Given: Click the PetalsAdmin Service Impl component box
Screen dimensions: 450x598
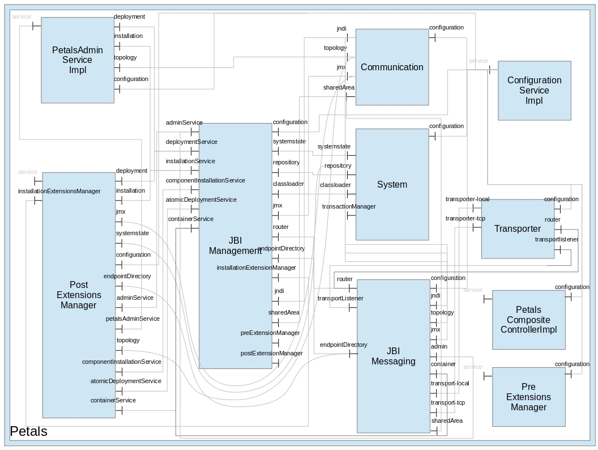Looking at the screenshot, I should (78, 60).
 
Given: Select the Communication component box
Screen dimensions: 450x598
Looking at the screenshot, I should (392, 67).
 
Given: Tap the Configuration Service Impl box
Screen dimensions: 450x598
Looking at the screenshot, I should (534, 90).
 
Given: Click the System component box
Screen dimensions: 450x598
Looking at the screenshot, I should (392, 184).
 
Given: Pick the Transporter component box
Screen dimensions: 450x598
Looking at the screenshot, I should (517, 228).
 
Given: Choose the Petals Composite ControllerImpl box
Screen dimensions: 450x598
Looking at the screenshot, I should (528, 320).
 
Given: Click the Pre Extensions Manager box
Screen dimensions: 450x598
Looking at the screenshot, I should (528, 397).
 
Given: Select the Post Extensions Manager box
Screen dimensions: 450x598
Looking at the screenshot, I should (79, 295).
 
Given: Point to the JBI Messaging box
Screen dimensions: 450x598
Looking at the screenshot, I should (393, 356).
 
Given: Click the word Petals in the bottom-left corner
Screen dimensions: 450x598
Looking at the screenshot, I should (29, 432).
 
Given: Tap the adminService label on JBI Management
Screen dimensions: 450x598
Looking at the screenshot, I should (184, 123).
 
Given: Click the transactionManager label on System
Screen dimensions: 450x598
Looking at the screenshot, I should (349, 207).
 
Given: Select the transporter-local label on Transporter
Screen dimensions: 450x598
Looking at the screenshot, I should (467, 199).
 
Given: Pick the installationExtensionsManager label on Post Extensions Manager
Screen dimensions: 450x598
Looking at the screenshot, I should (59, 192).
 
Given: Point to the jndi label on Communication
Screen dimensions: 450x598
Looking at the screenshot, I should (341, 29).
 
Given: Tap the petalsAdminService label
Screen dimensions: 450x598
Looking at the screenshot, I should (133, 319).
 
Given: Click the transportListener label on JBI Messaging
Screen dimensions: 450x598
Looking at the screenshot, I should (340, 299).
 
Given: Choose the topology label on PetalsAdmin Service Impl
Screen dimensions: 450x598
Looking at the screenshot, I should (125, 58).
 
